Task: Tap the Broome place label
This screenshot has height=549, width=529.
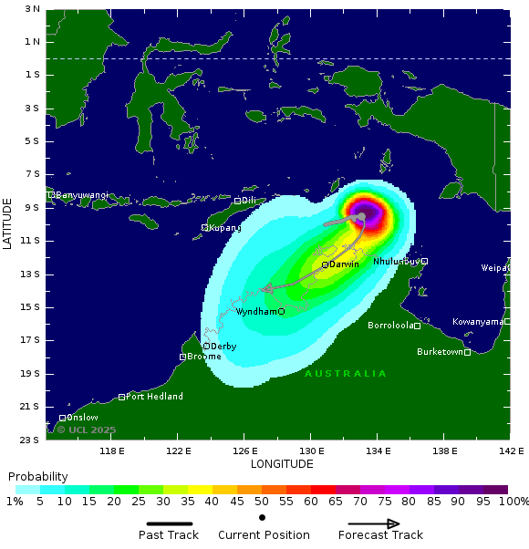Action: (204, 357)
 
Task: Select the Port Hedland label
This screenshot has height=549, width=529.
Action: (154, 397)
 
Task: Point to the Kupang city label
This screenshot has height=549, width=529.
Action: (225, 227)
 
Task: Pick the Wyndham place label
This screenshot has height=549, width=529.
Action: (256, 312)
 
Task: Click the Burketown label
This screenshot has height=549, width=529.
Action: (440, 352)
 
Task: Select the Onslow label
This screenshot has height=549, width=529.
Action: (82, 418)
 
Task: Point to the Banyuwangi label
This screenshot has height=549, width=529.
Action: (82, 195)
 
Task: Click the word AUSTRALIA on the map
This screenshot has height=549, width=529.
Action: (346, 374)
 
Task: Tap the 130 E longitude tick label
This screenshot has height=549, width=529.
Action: (311, 451)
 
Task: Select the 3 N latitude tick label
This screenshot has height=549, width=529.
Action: (32, 9)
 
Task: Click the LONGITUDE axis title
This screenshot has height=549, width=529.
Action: (282, 464)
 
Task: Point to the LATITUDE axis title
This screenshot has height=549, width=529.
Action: (7, 224)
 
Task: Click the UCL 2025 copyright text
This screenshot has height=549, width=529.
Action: (87, 430)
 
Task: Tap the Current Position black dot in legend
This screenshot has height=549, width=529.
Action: (263, 518)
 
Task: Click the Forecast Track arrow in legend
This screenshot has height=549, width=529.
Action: (368, 523)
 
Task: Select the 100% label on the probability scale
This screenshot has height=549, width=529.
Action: (514, 502)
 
